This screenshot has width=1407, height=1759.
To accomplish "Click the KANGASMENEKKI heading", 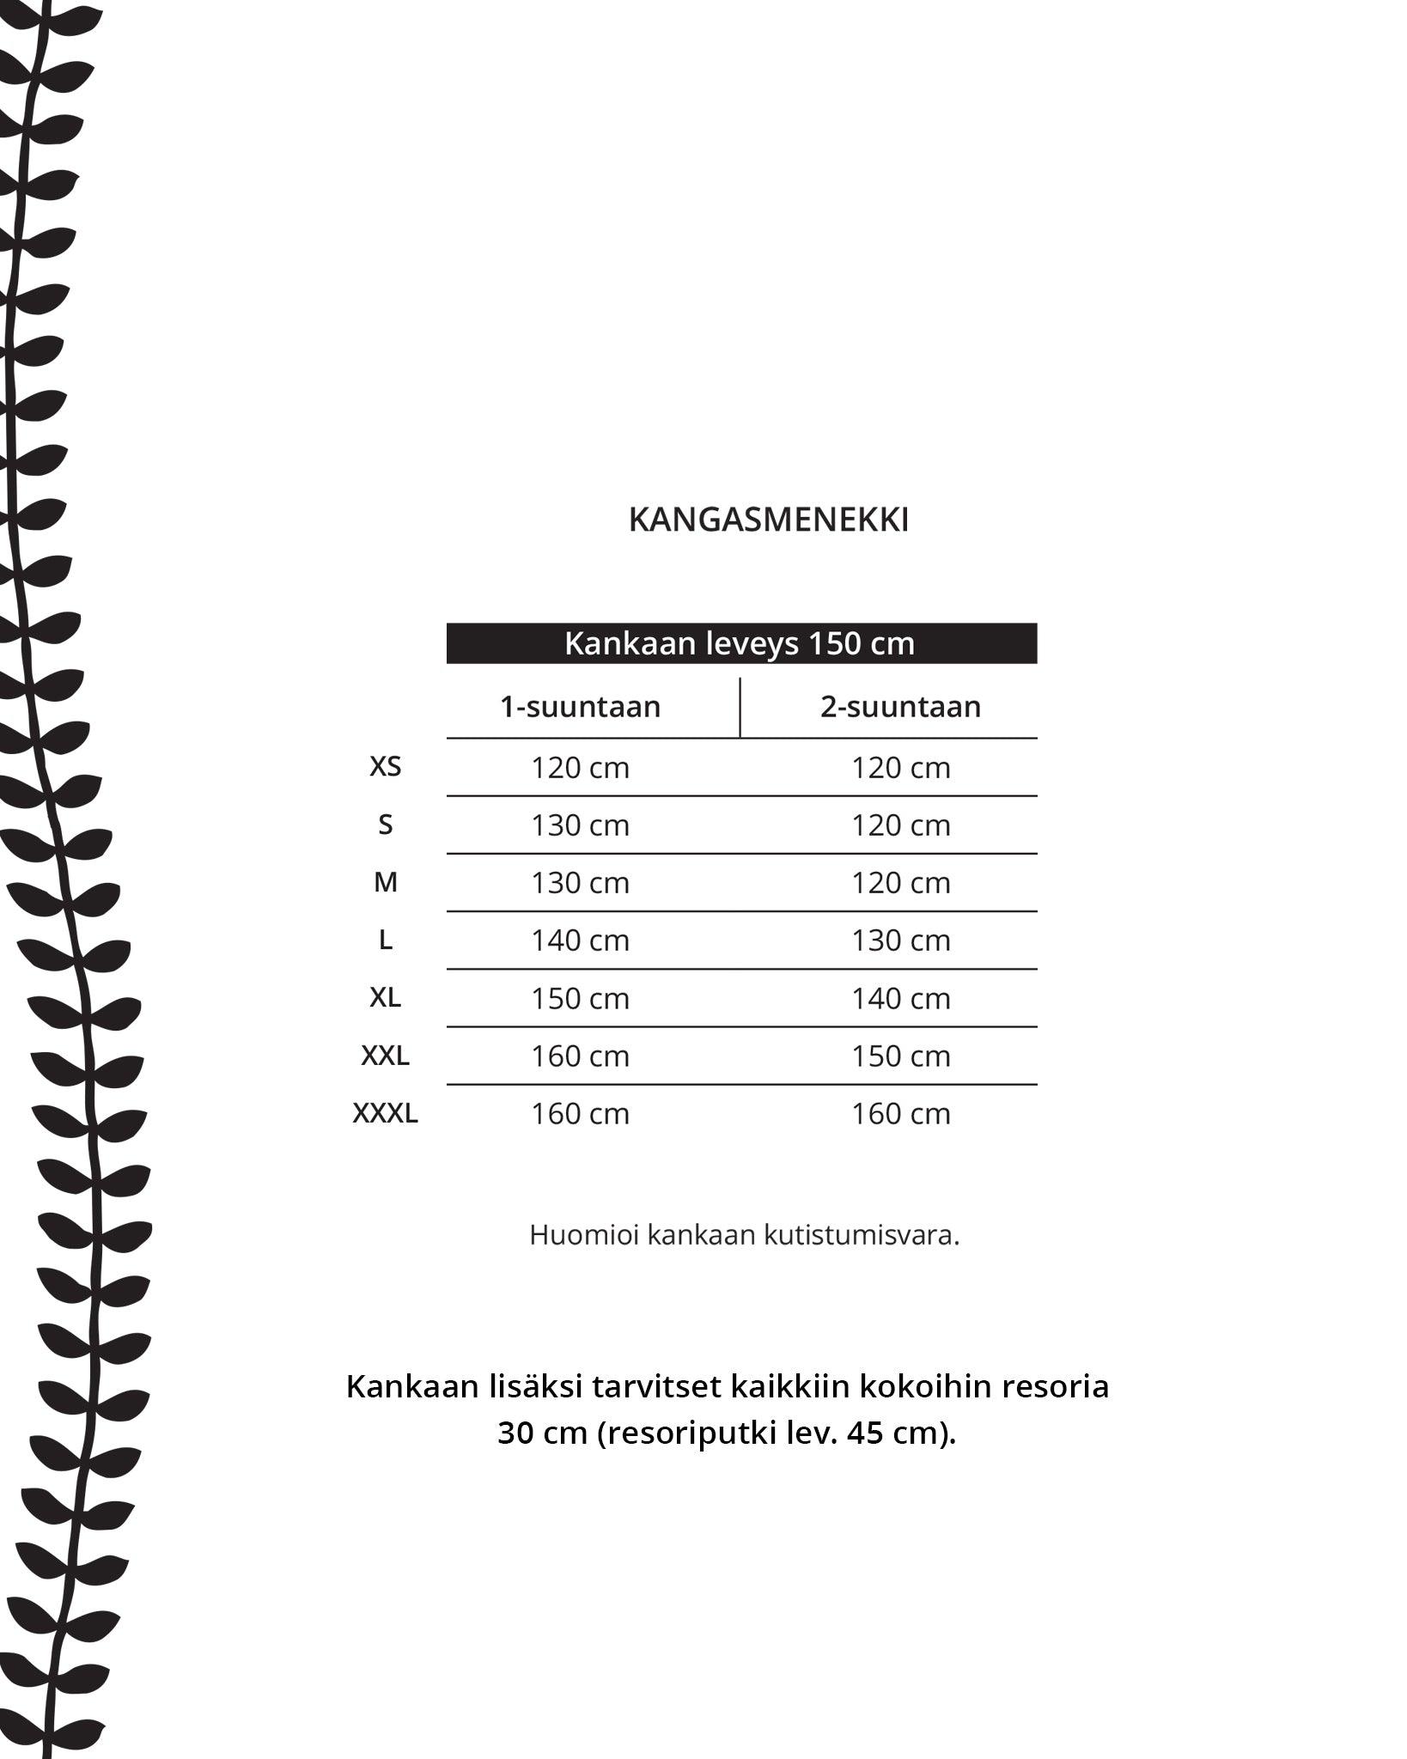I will tap(768, 520).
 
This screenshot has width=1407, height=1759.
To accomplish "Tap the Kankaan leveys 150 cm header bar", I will tap(740, 643).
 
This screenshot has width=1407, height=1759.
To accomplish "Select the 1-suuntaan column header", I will tap(581, 707).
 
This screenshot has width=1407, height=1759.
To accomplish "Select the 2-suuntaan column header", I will tap(900, 707).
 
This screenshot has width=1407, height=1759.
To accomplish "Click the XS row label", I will tap(385, 766).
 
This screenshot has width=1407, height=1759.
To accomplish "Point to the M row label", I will tap(385, 882).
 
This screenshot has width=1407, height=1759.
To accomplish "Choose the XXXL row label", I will tap(385, 1113).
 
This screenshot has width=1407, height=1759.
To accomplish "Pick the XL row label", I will tap(385, 997).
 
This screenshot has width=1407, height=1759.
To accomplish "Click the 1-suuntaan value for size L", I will tap(581, 940).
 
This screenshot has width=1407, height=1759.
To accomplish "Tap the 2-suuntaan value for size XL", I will tap(900, 999).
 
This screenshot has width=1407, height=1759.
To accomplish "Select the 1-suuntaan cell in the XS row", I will tap(581, 768).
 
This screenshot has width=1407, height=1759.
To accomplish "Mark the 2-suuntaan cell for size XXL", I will tap(900, 1056).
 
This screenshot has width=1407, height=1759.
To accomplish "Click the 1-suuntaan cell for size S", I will tap(581, 825).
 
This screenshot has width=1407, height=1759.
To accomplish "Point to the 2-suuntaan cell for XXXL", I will tap(900, 1114).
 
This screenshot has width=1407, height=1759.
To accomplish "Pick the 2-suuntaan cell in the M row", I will tap(900, 883).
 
